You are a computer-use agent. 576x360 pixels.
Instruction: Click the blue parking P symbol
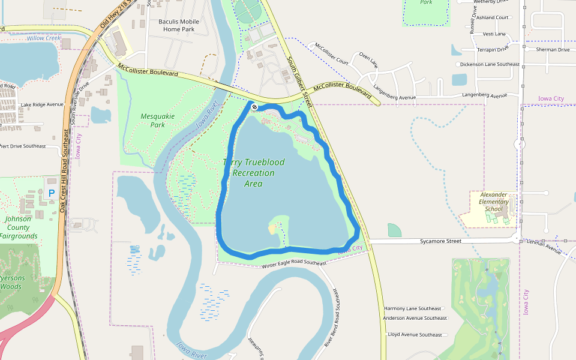point(51,193)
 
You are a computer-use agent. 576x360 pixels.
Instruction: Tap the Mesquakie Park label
point(152,121)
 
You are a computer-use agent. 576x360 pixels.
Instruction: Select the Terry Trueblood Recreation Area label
point(253,173)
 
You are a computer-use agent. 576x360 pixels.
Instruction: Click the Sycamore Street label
point(440,241)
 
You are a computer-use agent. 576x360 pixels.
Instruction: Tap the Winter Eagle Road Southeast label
point(294,263)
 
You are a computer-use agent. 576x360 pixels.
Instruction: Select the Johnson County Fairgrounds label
point(22,227)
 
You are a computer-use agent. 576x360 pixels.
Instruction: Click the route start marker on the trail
point(254,107)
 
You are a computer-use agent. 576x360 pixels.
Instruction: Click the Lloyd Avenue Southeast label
point(415,334)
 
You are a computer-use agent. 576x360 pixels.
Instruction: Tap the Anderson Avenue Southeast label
point(415,318)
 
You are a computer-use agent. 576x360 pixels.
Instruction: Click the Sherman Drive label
point(553,50)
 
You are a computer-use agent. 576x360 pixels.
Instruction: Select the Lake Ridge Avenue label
point(41,105)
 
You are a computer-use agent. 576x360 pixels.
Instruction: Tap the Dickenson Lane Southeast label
point(490,64)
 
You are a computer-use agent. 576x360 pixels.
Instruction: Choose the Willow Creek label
point(44,38)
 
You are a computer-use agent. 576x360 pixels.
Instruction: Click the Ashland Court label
point(492,18)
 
